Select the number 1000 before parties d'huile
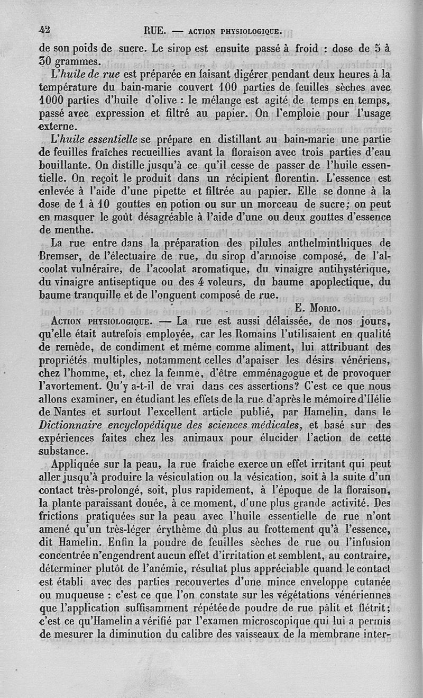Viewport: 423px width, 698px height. [x=53, y=101]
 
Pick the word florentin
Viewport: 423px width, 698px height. [x=296, y=178]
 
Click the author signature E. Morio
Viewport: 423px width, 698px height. [x=317, y=308]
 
